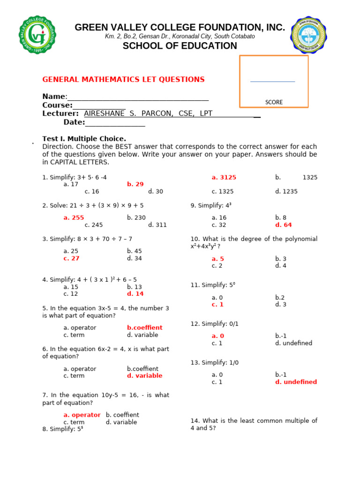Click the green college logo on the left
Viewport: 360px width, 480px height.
[38, 35]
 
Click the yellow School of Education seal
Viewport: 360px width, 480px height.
[311, 35]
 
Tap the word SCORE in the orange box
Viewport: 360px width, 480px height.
[274, 102]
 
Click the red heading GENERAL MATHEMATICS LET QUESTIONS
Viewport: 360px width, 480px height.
[123, 80]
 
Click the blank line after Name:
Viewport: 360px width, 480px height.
[138, 97]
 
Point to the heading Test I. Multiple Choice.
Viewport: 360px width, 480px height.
[84, 139]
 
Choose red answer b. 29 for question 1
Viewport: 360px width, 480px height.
[135, 184]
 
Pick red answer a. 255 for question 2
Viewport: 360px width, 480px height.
[74, 217]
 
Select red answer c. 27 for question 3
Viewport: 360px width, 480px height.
[71, 258]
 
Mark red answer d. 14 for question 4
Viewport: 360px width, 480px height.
[135, 294]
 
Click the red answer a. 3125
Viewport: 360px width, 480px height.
[224, 177]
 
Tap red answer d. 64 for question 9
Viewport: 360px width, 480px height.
[284, 225]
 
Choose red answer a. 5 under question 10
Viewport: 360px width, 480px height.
[217, 259]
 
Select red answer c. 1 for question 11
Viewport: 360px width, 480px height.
[217, 304]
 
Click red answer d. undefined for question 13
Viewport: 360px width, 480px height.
[296, 382]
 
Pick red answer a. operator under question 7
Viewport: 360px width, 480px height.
[82, 415]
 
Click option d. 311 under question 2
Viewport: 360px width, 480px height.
[157, 225]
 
